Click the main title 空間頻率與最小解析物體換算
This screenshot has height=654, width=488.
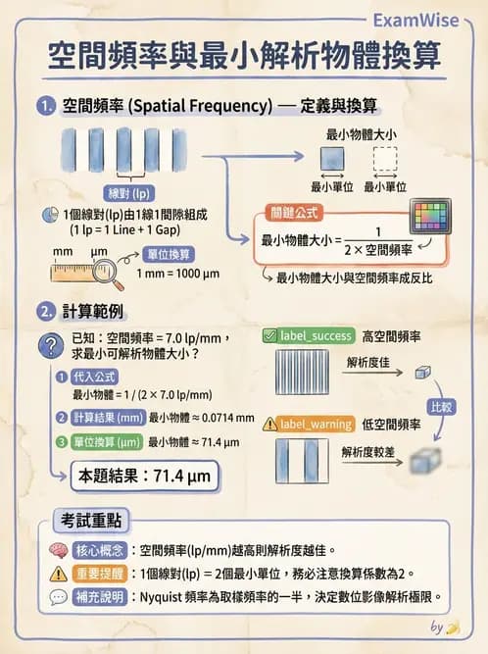click(244, 55)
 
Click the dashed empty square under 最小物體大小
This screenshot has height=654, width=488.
click(385, 160)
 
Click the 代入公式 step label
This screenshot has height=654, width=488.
click(96, 377)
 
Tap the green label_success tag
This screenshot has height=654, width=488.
click(308, 336)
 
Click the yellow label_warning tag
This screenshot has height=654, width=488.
click(308, 424)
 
